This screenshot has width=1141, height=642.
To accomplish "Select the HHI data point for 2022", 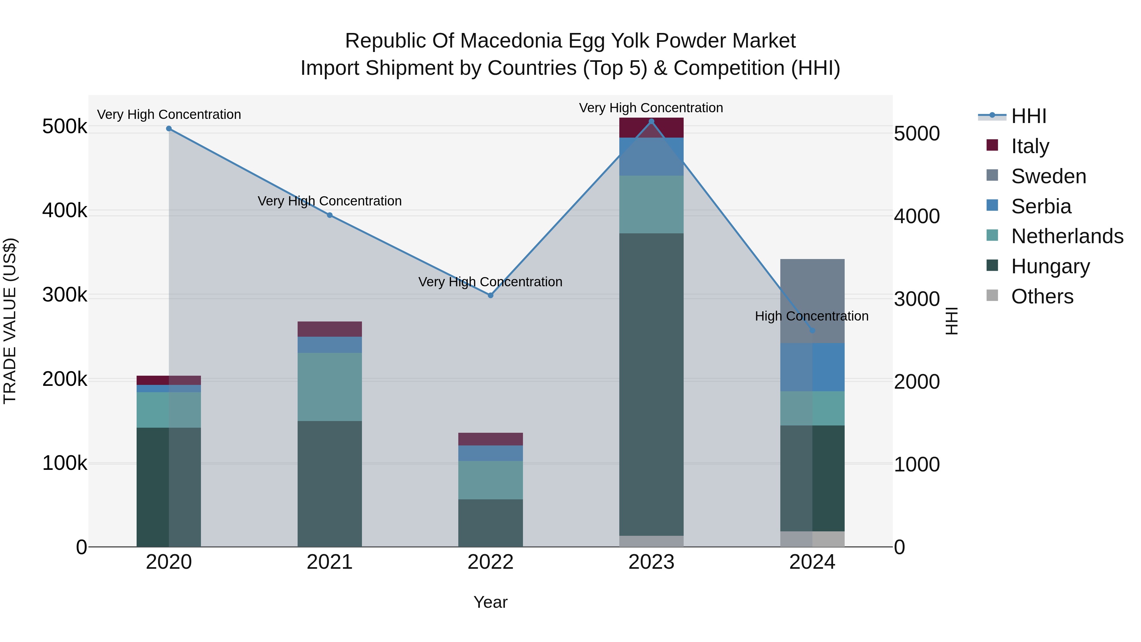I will point(490,295).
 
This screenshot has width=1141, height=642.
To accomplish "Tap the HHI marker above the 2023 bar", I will point(651,121).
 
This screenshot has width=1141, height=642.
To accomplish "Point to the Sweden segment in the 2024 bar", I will point(812,301).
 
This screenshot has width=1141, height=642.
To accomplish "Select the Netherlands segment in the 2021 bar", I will point(330,387).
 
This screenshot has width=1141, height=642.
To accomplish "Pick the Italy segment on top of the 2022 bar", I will point(490,439).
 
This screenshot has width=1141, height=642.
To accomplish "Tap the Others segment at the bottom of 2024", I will point(812,539).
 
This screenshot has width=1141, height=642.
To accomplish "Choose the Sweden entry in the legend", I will point(1048,176).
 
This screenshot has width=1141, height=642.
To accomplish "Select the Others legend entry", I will point(1042,296).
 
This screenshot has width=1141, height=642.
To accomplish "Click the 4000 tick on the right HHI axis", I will point(916,216).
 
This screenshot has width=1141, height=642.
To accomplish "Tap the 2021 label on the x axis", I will point(330,562).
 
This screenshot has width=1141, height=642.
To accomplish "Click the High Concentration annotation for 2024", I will point(811,316).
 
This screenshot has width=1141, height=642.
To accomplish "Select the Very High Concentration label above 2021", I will point(330,201).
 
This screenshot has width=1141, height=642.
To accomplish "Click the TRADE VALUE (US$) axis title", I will point(10,321).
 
